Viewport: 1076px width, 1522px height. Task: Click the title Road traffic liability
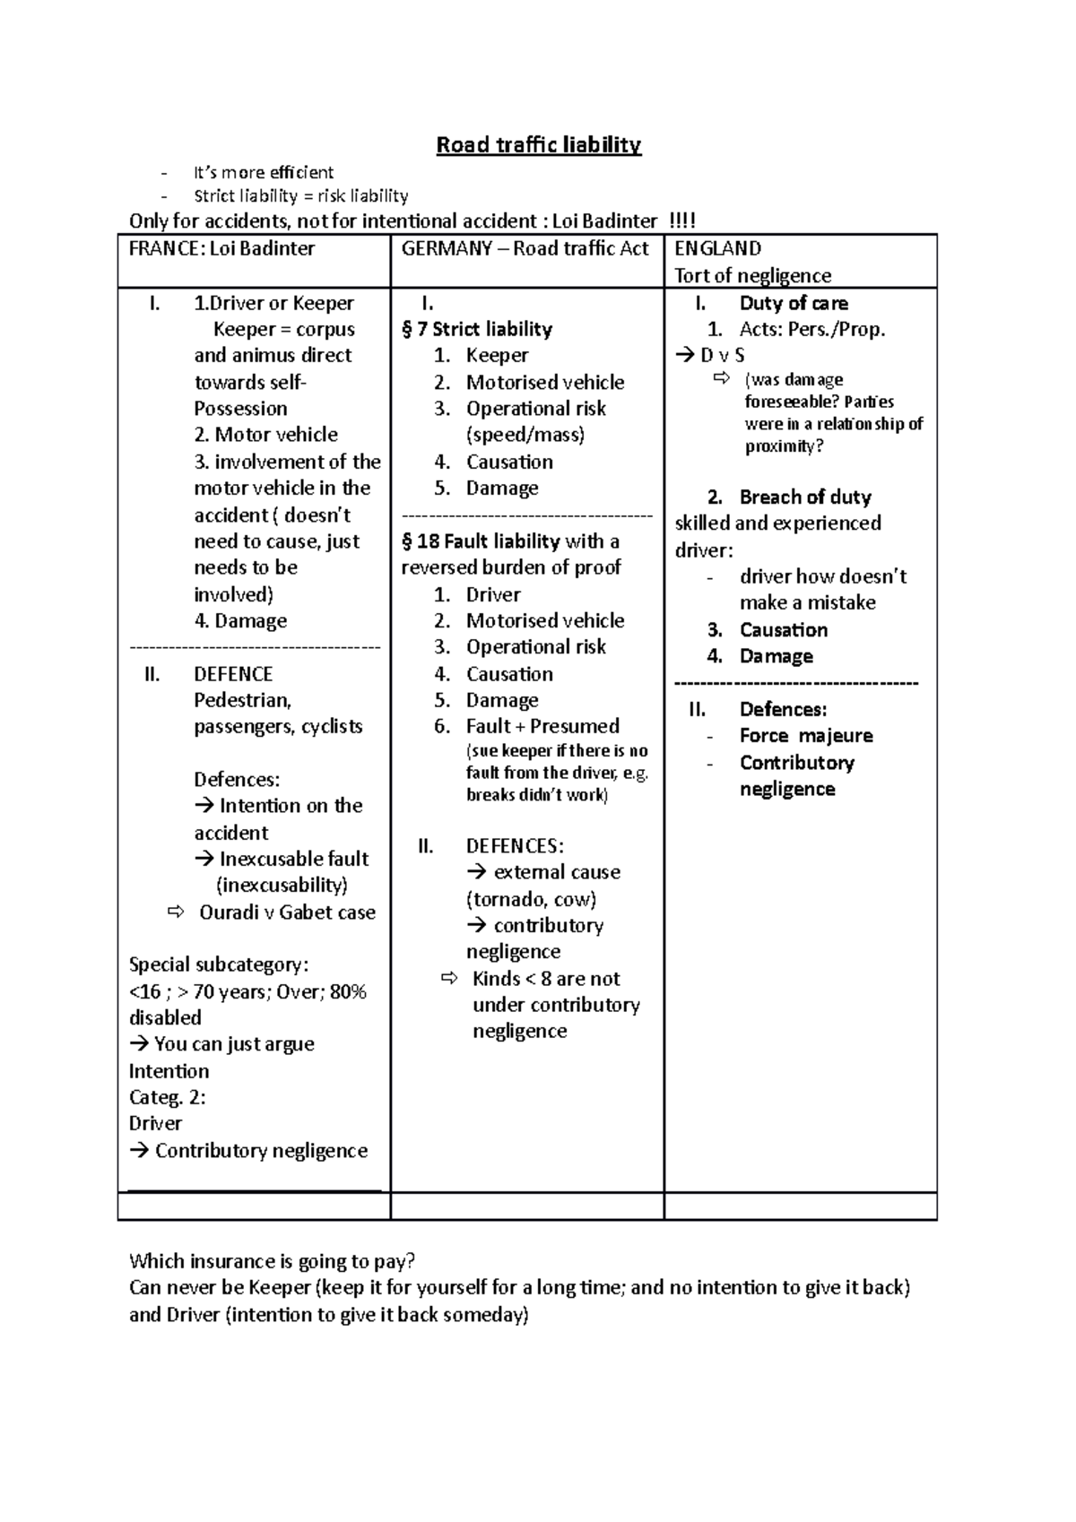[x=538, y=145]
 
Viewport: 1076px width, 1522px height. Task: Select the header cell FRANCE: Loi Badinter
[x=221, y=249]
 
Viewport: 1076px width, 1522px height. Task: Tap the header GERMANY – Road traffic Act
[x=525, y=249]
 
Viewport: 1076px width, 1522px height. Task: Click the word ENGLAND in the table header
[x=717, y=249]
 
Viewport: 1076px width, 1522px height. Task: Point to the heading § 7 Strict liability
[x=477, y=329]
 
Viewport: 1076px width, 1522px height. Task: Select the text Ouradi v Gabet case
[x=287, y=912]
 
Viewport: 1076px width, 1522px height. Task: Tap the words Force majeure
[x=806, y=736]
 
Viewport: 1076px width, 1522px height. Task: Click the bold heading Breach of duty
[x=805, y=497]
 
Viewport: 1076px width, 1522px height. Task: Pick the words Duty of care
[x=794, y=303]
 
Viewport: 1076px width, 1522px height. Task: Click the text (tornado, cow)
[x=531, y=899]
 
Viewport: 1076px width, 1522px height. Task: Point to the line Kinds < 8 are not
[x=546, y=979]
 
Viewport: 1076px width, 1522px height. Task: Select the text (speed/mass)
[x=525, y=435]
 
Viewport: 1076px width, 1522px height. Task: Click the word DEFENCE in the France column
[x=233, y=674]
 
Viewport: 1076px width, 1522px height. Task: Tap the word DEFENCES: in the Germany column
[x=515, y=846]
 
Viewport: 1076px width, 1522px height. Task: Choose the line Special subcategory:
[x=219, y=965]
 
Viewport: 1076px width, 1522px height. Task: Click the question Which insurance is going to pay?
[x=273, y=1262]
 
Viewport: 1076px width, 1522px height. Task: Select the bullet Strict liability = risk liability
[x=300, y=196]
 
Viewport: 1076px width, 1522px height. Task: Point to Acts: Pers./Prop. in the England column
[x=812, y=329]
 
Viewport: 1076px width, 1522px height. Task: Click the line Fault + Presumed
[x=542, y=726]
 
